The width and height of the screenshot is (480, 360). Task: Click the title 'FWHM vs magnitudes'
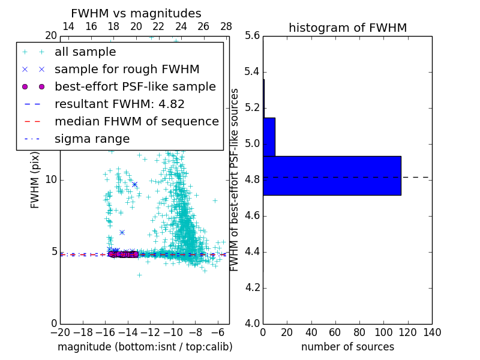click(x=136, y=13)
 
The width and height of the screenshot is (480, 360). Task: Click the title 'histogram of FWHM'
click(x=347, y=28)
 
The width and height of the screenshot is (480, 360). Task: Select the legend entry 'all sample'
click(x=85, y=52)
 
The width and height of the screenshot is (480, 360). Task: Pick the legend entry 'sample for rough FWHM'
click(x=127, y=69)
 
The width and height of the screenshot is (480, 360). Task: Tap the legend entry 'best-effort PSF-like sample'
click(x=135, y=86)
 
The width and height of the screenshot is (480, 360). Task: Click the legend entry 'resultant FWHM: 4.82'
click(x=119, y=104)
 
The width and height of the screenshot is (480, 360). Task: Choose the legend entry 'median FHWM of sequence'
click(x=136, y=121)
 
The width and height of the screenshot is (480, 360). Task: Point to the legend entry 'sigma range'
click(x=92, y=139)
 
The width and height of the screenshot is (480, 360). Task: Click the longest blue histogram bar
click(x=332, y=176)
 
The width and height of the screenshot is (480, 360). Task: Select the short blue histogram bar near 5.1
click(x=269, y=137)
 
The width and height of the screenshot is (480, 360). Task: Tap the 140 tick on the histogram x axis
click(x=432, y=332)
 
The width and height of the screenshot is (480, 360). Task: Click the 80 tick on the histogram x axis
click(x=359, y=332)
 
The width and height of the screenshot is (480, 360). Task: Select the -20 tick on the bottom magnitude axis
click(x=60, y=332)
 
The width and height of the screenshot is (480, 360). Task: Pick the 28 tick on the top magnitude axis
click(x=226, y=26)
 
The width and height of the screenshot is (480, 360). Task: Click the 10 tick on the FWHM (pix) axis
click(x=51, y=180)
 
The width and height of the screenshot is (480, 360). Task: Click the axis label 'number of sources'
click(x=347, y=347)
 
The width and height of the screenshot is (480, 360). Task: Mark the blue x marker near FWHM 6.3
click(x=122, y=232)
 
